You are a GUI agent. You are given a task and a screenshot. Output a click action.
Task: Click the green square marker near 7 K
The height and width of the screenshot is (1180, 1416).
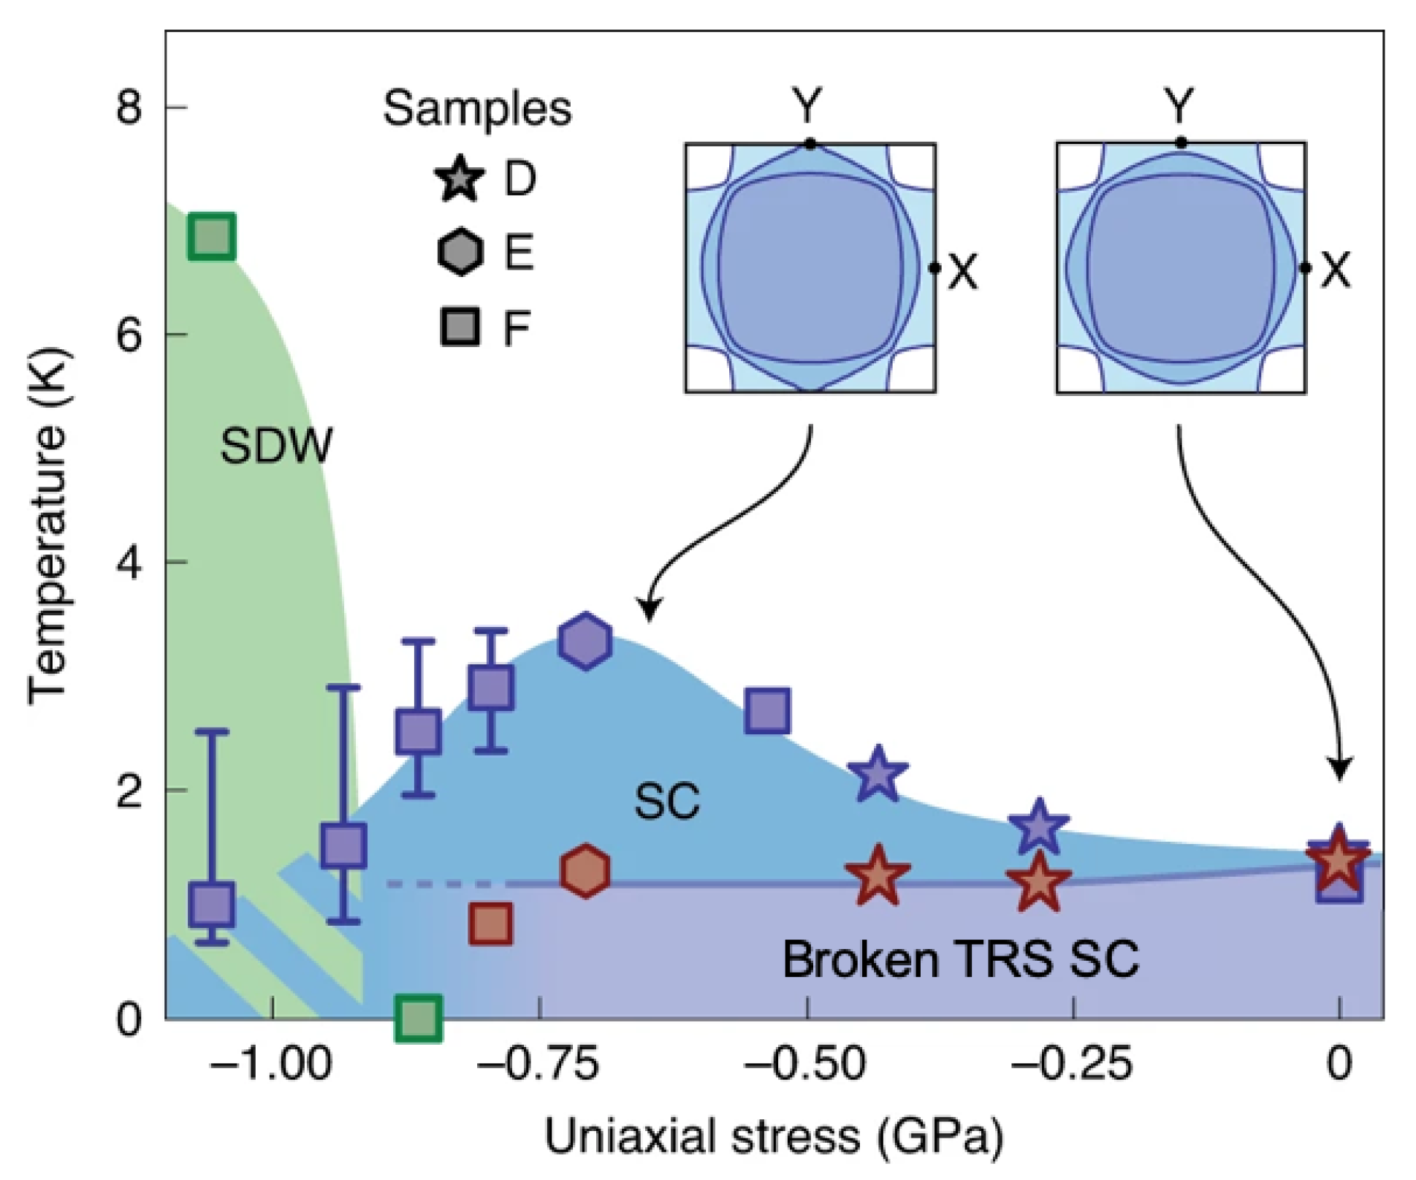pyautogui.click(x=211, y=237)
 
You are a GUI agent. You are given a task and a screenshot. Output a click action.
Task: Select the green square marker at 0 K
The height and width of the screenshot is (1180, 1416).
pyautogui.click(x=418, y=1017)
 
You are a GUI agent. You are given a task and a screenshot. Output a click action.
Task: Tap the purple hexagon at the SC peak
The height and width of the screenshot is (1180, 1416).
pyautogui.click(x=585, y=641)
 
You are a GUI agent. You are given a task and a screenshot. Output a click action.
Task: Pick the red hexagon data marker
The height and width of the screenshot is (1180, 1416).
pyautogui.click(x=585, y=870)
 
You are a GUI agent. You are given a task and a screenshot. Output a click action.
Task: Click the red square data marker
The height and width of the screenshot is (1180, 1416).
pyautogui.click(x=490, y=924)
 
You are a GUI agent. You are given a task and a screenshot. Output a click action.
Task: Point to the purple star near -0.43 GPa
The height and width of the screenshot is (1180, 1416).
pyautogui.click(x=878, y=774)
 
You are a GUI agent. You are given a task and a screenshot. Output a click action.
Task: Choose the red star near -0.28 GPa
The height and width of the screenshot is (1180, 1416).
pyautogui.click(x=1038, y=883)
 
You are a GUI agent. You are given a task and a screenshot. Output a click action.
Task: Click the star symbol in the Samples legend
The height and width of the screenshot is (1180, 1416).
pyautogui.click(x=460, y=178)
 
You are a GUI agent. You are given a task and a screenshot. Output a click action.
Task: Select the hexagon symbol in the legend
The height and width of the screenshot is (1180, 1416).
pyautogui.click(x=460, y=252)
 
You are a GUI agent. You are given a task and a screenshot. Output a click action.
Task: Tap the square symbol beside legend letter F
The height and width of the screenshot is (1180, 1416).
pyautogui.click(x=460, y=326)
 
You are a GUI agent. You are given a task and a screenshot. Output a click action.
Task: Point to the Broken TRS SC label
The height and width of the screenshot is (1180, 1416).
pyautogui.click(x=960, y=959)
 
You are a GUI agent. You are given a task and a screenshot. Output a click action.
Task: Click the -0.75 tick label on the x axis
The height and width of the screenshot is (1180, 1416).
pyautogui.click(x=538, y=1065)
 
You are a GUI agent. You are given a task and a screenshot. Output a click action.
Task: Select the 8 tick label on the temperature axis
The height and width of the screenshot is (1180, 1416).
pyautogui.click(x=129, y=108)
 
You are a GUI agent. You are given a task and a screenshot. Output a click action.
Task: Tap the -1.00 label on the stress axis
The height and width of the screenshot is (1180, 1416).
pyautogui.click(x=271, y=1065)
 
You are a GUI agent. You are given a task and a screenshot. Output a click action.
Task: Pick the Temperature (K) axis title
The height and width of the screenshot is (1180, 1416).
pyautogui.click(x=50, y=526)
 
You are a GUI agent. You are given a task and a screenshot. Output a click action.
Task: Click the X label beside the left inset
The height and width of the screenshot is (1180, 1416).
pyautogui.click(x=963, y=272)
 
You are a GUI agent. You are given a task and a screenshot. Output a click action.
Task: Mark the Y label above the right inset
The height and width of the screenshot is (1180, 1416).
pyautogui.click(x=1179, y=105)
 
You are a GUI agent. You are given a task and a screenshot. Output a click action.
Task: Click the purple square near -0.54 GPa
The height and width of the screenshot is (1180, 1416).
pyautogui.click(x=767, y=709)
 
